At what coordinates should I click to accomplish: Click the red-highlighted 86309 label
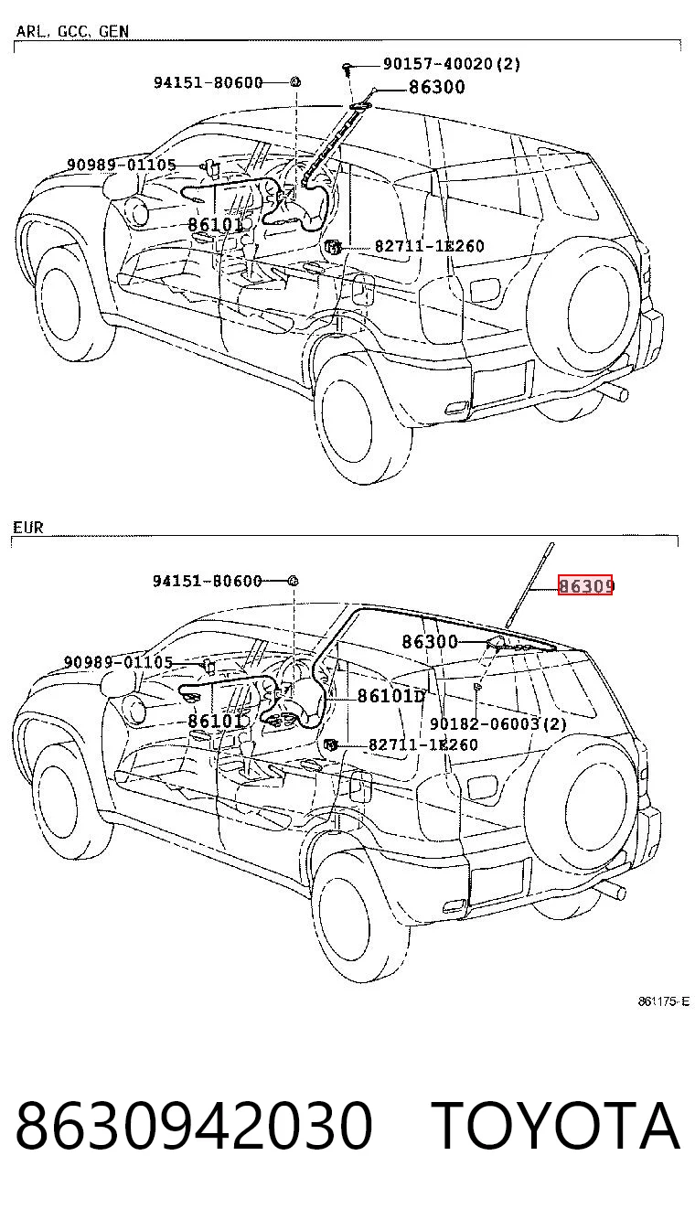(x=585, y=585)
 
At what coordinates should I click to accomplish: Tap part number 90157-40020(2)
(x=452, y=64)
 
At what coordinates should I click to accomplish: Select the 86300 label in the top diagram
(x=437, y=87)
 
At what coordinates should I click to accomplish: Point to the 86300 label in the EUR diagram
(x=430, y=642)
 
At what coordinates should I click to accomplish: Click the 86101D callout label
(x=390, y=695)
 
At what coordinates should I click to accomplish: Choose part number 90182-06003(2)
(x=498, y=723)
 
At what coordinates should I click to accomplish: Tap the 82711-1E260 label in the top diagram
(x=429, y=246)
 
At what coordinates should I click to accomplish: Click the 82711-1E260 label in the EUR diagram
(x=423, y=744)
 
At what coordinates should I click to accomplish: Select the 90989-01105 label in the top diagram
(x=122, y=165)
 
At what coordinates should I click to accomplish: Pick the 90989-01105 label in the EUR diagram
(x=118, y=662)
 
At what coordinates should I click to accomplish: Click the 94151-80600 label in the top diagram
(x=208, y=83)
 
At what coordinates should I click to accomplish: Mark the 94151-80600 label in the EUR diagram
(x=207, y=581)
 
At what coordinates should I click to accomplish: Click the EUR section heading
(x=27, y=527)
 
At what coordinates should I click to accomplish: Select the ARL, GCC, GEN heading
(x=72, y=31)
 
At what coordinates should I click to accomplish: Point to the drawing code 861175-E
(x=663, y=1001)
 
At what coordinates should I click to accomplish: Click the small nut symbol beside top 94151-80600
(x=294, y=82)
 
